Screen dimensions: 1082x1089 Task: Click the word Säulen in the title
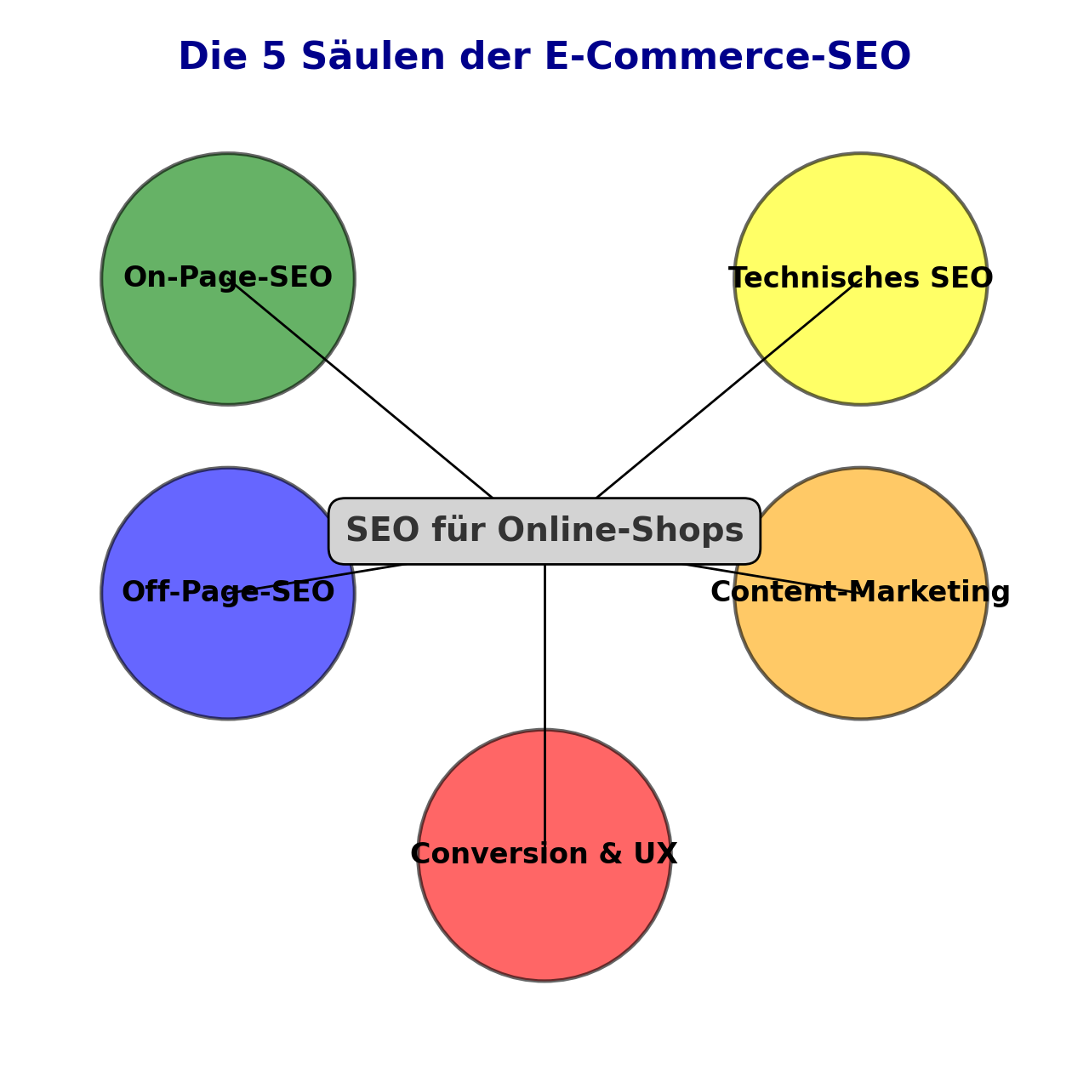click(x=373, y=57)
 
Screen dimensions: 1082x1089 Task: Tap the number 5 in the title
click(x=274, y=57)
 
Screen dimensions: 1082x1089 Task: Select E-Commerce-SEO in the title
click(x=727, y=57)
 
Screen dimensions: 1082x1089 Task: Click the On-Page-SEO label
click(x=228, y=278)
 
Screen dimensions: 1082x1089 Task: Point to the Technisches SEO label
click(x=860, y=278)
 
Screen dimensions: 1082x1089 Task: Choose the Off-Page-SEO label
click(x=228, y=593)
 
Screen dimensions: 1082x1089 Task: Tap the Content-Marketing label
click(x=860, y=593)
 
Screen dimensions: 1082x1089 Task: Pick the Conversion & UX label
click(x=544, y=854)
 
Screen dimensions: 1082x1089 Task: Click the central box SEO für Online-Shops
click(x=544, y=531)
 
